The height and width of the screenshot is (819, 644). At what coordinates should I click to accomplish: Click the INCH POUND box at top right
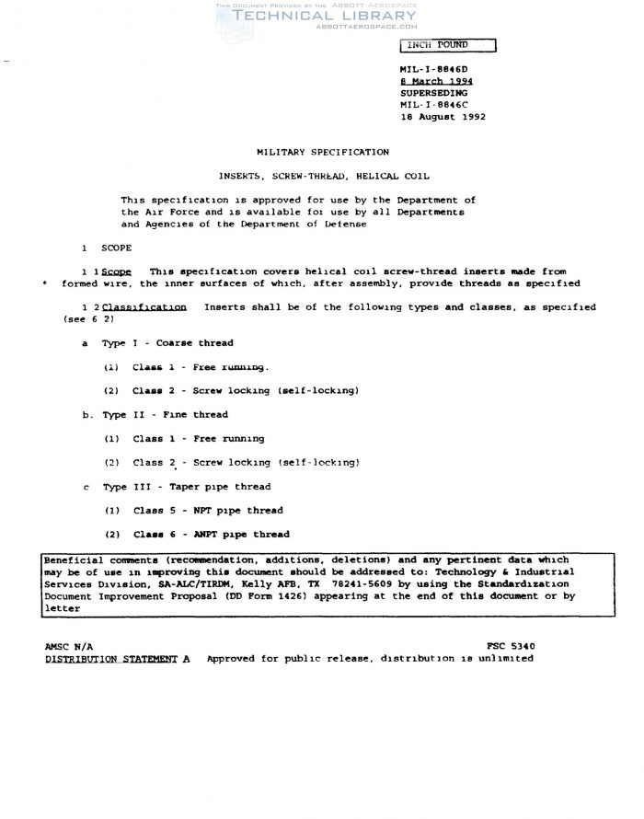click(447, 45)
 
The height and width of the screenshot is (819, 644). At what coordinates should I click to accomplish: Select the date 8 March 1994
click(436, 81)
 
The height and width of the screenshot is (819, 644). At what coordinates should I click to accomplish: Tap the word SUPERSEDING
click(433, 93)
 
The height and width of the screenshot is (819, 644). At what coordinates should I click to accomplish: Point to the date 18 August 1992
click(443, 117)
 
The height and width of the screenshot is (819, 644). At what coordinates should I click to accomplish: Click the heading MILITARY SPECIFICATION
click(321, 152)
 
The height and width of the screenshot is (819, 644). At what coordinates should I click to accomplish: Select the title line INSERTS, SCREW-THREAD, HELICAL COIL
click(321, 175)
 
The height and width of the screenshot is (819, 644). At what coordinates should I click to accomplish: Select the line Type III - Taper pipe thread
click(173, 486)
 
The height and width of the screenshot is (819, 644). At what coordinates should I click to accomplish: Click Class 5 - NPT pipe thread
click(207, 510)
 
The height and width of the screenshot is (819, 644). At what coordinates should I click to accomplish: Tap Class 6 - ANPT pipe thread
click(211, 534)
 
